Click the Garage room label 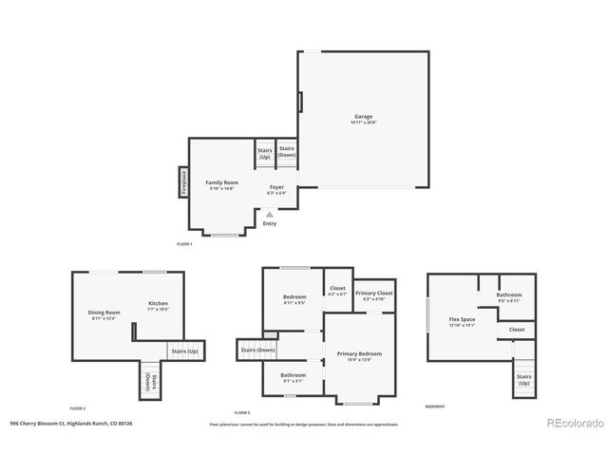coord(363,118)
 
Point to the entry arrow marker coord(270,215)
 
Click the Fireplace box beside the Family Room coord(183,182)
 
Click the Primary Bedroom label coord(359,354)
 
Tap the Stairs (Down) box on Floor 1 coord(286,152)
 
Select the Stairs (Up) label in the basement coord(523,379)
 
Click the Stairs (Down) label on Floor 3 coord(257,350)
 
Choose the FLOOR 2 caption coord(78,407)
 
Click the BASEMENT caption coord(435,407)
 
